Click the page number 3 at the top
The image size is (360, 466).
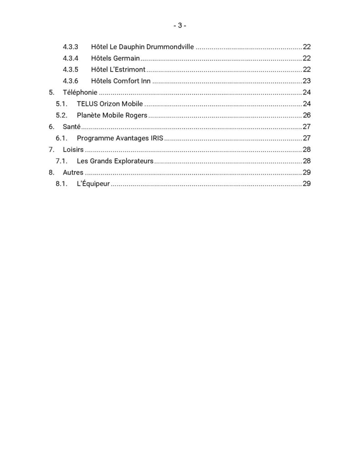point(180,26)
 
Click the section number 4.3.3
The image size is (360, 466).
point(71,47)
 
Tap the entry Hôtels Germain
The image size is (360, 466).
point(115,58)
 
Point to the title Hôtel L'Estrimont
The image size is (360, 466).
point(118,70)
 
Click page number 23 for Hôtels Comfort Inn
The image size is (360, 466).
point(306,81)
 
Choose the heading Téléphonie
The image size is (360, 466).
point(80,92)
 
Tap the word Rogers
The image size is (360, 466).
point(136,115)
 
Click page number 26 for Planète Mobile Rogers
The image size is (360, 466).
point(306,115)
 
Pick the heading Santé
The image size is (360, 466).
point(71,127)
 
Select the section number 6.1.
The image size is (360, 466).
point(61,138)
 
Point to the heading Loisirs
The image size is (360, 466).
point(73,149)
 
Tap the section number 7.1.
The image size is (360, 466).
point(61,161)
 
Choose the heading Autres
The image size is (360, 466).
point(73,172)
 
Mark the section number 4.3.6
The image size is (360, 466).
point(71,81)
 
